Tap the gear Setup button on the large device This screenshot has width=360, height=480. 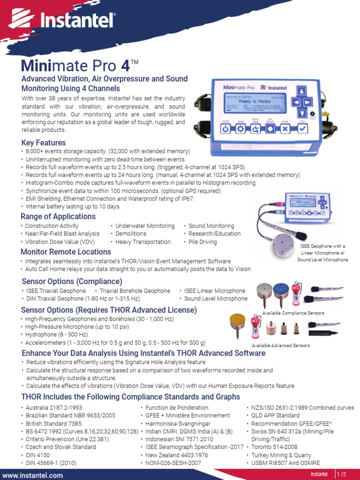[x=240, y=129]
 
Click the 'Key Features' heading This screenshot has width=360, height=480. [x=44, y=142]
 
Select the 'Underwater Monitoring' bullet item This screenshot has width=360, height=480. [x=145, y=226]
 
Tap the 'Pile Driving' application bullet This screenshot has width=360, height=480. [x=202, y=242]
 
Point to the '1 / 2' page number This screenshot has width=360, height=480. [x=345, y=474]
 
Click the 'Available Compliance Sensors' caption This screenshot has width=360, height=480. [x=293, y=313]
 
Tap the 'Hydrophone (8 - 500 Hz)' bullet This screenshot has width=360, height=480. [x=57, y=335]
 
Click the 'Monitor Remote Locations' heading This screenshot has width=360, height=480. [x=66, y=252]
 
